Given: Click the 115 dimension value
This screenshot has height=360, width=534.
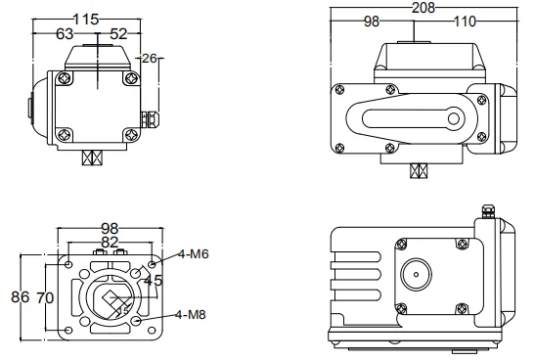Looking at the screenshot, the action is coord(86,19).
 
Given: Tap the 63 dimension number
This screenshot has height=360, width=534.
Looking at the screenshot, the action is coord(65,33).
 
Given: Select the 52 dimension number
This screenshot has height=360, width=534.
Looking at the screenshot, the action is coord(119,33).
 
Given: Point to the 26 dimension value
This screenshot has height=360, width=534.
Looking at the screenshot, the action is coord(150,59).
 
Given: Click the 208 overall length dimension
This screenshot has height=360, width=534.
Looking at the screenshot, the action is coord(423,8).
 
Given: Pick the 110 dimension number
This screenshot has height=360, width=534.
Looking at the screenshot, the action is coord(465,22).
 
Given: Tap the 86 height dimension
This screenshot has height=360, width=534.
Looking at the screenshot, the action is coord(21,297).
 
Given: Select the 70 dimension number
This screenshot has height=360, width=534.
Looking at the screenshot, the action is coord(45,298).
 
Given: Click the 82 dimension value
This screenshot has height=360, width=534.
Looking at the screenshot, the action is coord(110,243).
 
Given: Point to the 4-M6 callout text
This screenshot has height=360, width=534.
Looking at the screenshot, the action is coord(193,254).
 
